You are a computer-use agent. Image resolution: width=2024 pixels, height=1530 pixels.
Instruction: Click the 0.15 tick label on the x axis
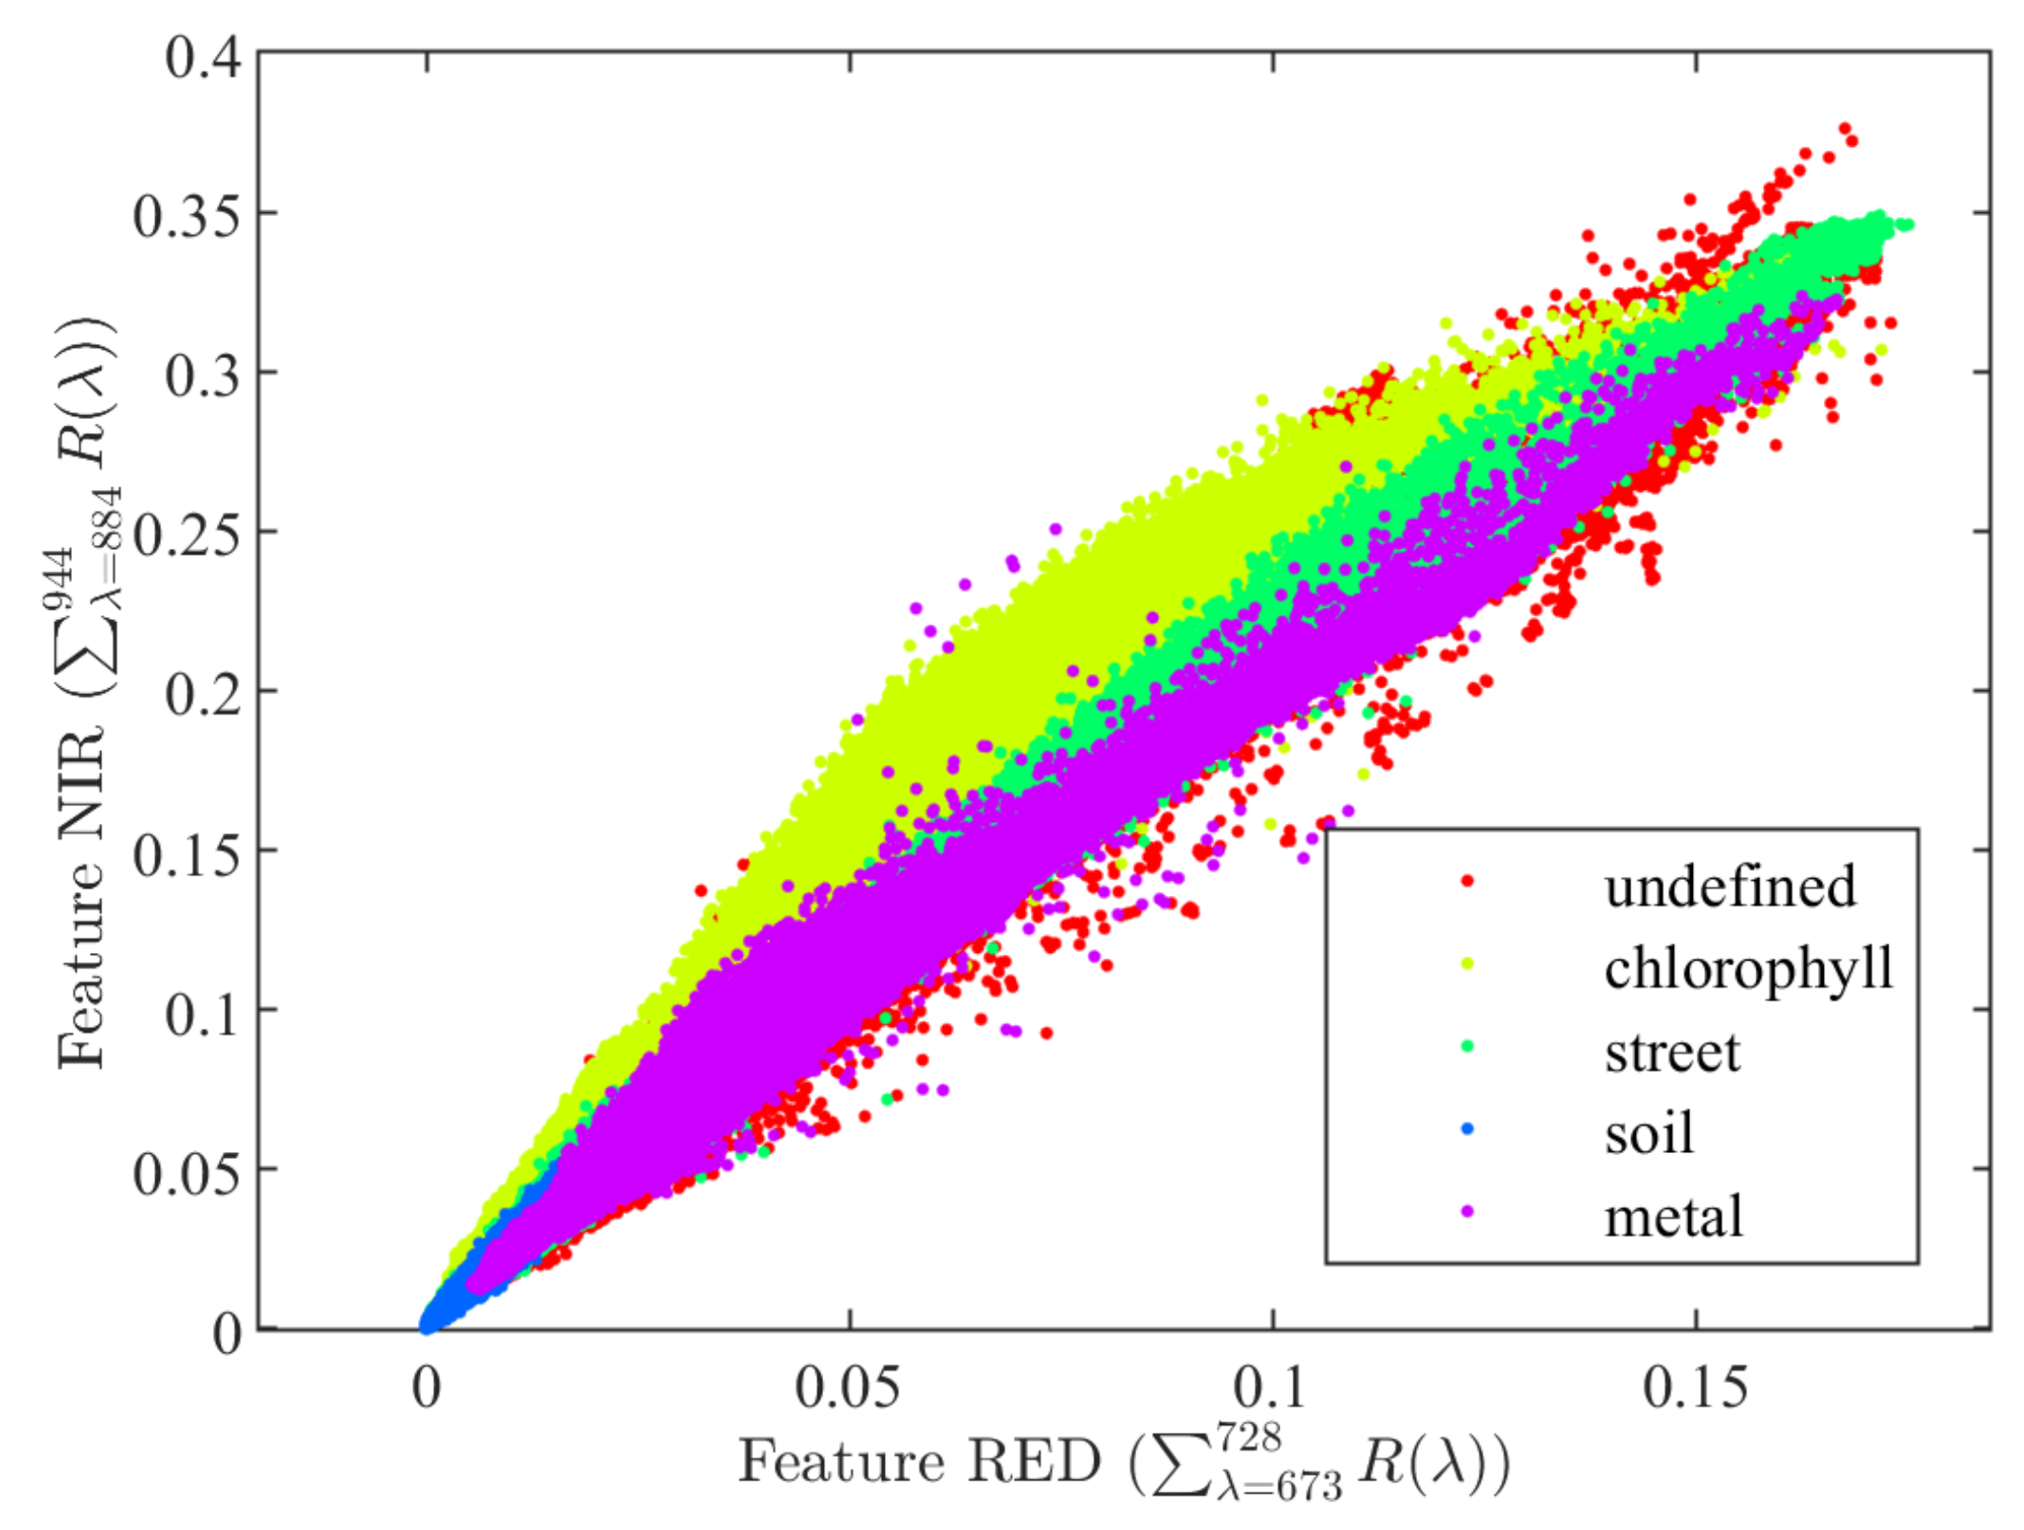tap(1695, 1387)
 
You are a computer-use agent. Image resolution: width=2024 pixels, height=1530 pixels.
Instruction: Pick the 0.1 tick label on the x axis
tap(1273, 1387)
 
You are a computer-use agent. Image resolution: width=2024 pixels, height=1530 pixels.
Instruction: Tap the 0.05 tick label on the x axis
tap(848, 1387)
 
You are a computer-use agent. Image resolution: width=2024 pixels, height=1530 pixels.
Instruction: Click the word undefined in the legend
tap(1729, 886)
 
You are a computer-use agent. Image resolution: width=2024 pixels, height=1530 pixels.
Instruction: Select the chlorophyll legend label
tap(1748, 968)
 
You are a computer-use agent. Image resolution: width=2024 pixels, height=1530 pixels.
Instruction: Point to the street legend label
tap(1672, 1051)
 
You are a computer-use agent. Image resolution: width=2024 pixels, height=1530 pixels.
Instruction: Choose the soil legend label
tap(1649, 1133)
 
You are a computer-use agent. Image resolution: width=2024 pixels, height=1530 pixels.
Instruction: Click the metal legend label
tap(1673, 1217)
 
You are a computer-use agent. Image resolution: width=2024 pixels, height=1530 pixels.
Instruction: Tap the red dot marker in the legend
tap(1467, 880)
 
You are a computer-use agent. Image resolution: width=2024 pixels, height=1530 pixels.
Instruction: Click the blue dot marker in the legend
tap(1467, 1129)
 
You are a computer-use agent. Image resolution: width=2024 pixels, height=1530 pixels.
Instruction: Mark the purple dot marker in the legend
tap(1467, 1211)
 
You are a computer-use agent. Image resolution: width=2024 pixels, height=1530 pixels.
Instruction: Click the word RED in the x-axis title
tap(1034, 1462)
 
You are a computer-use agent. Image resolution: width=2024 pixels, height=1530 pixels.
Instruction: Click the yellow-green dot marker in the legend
tap(1467, 963)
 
